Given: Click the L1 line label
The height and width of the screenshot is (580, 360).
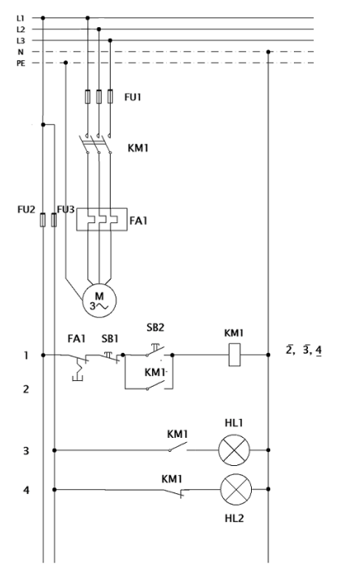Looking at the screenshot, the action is (x=21, y=17).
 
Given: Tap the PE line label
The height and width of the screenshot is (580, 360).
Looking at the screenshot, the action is (x=21, y=64).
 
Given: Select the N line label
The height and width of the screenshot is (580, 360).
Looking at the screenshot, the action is (x=21, y=52).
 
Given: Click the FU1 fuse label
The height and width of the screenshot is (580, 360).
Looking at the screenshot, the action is (x=133, y=97).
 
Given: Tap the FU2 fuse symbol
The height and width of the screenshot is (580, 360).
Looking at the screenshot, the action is (x=43, y=220).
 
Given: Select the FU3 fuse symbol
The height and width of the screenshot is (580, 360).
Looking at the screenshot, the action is (x=54, y=220).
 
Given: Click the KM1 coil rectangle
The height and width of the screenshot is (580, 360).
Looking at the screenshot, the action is (x=234, y=354).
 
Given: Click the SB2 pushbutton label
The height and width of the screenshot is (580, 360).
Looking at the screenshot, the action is (x=155, y=327).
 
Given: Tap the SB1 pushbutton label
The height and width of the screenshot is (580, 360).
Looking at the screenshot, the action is (x=110, y=339).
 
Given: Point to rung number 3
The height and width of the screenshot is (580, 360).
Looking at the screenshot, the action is (x=26, y=450).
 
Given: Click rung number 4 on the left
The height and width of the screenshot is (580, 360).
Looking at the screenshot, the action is (x=26, y=490).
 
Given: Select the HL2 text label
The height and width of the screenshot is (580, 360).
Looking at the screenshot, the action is (x=234, y=519).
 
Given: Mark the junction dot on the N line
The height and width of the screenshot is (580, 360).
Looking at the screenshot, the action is (x=268, y=52).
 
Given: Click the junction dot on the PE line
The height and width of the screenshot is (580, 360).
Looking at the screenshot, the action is (x=66, y=63).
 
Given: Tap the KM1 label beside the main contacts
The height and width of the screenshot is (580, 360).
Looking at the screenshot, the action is (x=138, y=148).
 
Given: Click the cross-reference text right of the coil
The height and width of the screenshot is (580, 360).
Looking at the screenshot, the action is (x=304, y=349).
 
